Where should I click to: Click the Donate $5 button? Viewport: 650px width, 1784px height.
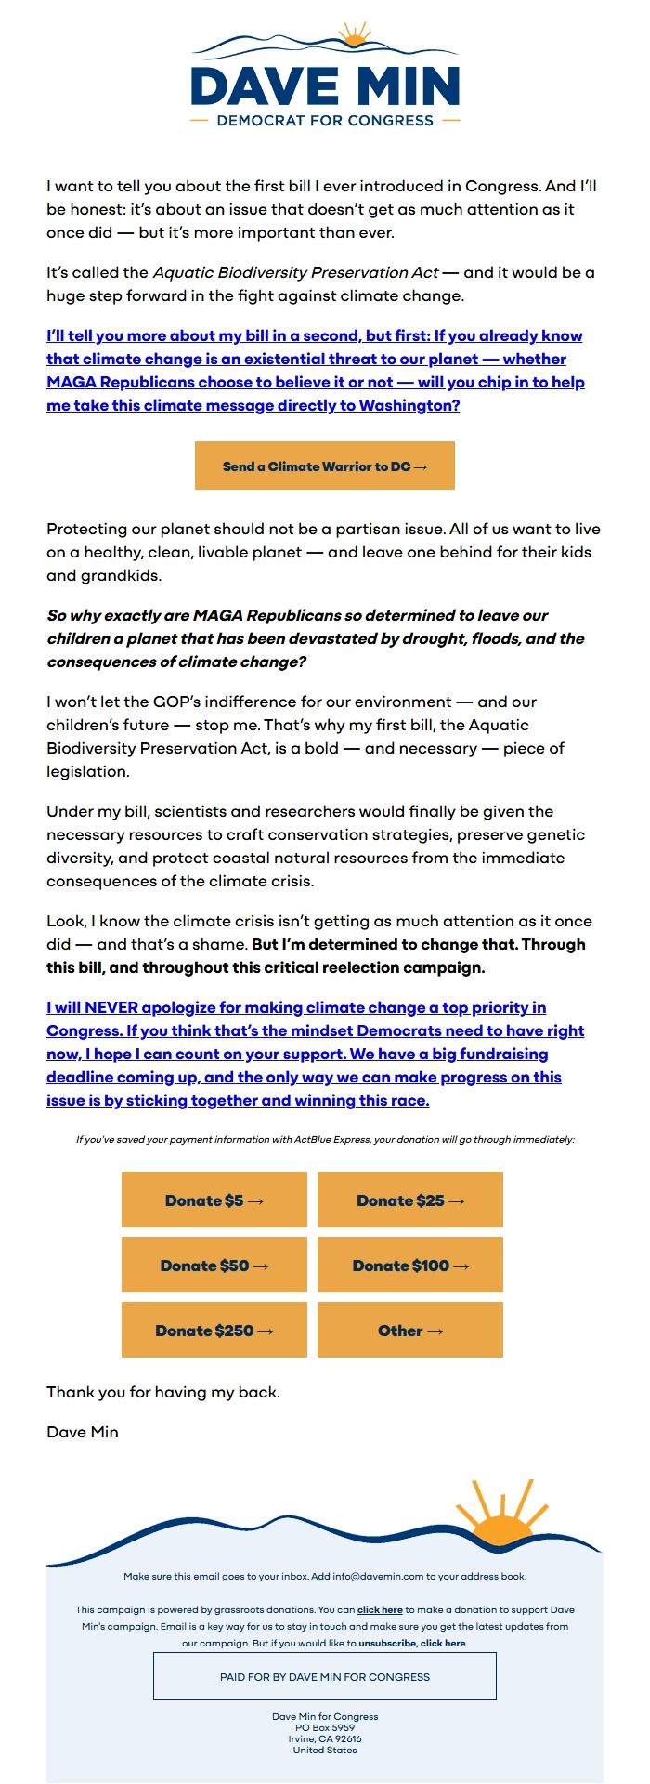pyautogui.click(x=214, y=1200)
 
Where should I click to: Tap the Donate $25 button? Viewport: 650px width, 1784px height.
pyautogui.click(x=409, y=1200)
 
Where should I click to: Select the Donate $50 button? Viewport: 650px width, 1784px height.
pyautogui.click(x=214, y=1265)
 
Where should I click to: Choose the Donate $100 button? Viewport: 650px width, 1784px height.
pyautogui.click(x=409, y=1265)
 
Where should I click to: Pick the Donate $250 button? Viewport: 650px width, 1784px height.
pyautogui.click(x=214, y=1330)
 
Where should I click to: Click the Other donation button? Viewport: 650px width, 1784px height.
pyautogui.click(x=409, y=1330)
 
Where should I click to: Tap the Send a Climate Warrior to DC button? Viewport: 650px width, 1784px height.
pyautogui.click(x=325, y=466)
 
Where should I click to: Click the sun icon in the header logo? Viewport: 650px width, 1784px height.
pyautogui.click(x=354, y=36)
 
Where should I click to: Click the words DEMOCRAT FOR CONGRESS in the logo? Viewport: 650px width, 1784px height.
pyautogui.click(x=325, y=121)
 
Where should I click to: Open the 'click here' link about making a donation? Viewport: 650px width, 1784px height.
pyautogui.click(x=380, y=1609)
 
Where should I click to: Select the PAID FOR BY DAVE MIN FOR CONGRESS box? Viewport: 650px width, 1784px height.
pyautogui.click(x=325, y=1677)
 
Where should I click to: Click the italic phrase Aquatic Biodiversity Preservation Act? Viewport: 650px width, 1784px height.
pyautogui.click(x=295, y=272)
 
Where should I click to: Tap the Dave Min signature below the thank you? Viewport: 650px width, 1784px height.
pyautogui.click(x=83, y=1432)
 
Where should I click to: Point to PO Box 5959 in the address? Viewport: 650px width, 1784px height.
pyautogui.click(x=325, y=1727)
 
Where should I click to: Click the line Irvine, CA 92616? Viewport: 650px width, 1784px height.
pyautogui.click(x=325, y=1738)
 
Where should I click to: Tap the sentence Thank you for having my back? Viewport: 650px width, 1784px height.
pyautogui.click(x=163, y=1392)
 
